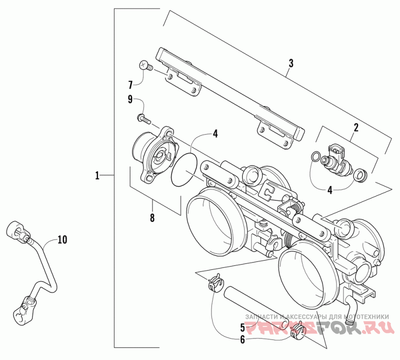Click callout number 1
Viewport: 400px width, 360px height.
(98, 175)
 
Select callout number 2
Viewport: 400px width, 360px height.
(355, 127)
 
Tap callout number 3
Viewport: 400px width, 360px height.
(290, 63)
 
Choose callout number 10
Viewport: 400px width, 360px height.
(62, 240)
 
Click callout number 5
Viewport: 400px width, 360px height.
(242, 328)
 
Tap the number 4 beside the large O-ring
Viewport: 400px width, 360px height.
(215, 133)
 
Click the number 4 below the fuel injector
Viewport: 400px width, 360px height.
(329, 189)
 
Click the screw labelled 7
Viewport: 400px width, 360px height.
(144, 65)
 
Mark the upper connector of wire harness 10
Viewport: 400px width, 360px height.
(16, 231)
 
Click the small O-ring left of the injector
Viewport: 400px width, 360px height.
(314, 157)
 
